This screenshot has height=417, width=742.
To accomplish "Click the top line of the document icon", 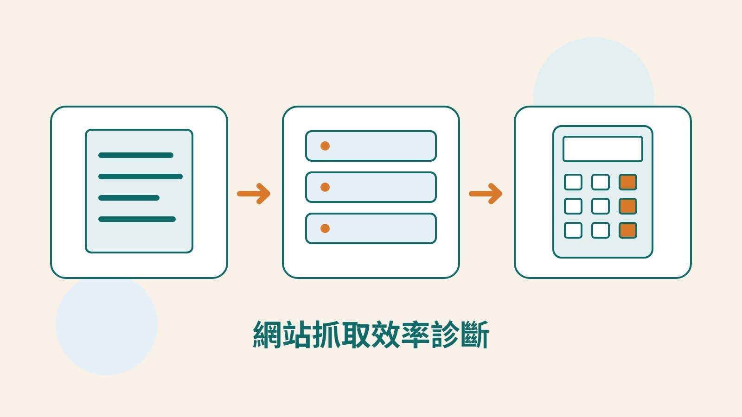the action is click(x=136, y=155).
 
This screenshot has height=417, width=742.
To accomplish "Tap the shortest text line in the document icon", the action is click(x=129, y=198).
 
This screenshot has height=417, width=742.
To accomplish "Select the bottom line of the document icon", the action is click(x=137, y=219).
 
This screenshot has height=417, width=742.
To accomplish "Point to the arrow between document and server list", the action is click(x=254, y=194).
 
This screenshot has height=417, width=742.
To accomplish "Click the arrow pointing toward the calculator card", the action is click(x=486, y=194).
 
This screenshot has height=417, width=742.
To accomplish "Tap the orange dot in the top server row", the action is click(x=325, y=146).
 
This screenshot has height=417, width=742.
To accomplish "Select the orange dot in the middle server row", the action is click(x=325, y=187).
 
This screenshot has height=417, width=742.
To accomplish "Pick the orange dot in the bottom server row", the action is click(x=325, y=228).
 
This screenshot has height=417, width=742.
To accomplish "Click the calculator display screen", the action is click(x=603, y=149).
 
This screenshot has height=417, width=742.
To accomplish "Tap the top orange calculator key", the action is click(x=628, y=182).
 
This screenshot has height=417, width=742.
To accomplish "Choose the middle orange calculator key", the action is click(x=628, y=206).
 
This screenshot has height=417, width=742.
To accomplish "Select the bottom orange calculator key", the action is click(x=628, y=230).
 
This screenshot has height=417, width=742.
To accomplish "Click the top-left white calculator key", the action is click(x=573, y=182).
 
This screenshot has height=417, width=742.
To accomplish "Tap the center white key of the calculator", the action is click(x=601, y=206).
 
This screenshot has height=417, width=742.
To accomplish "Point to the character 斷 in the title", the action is click(x=475, y=334).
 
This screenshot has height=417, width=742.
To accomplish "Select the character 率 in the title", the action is click(x=416, y=334).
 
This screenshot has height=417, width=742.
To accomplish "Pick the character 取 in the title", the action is click(x=357, y=334).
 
